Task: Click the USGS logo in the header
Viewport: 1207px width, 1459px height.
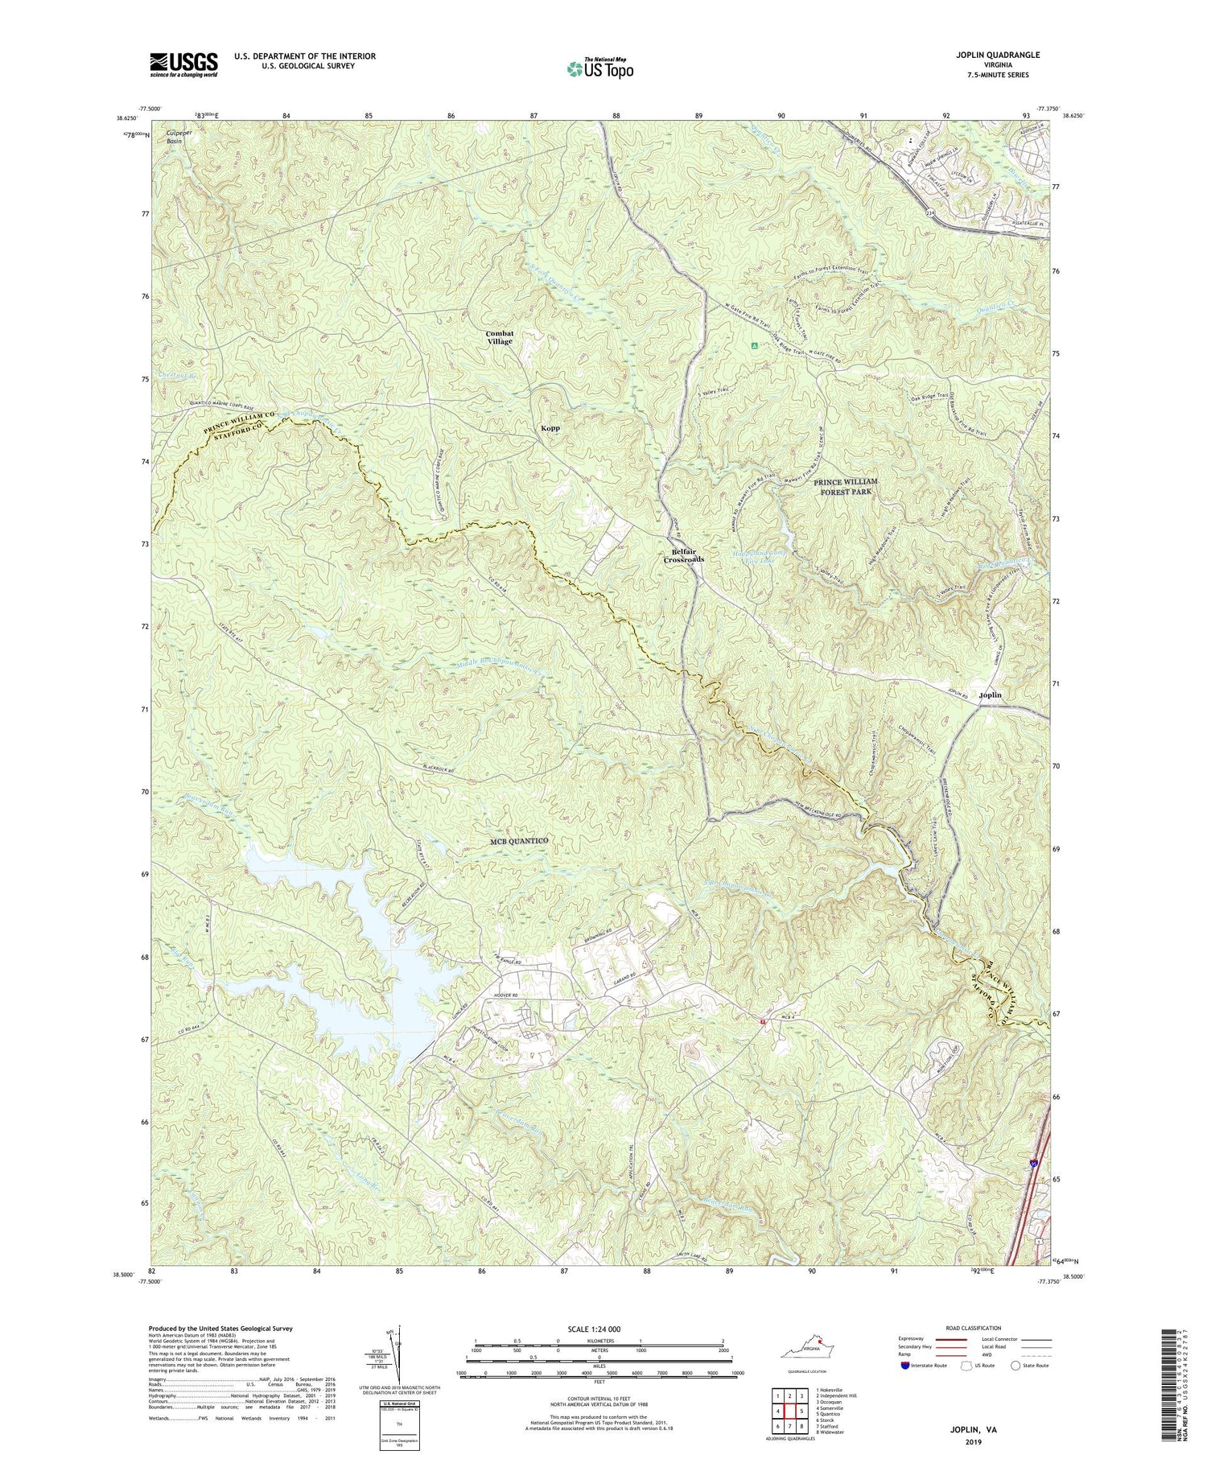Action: [x=183, y=64]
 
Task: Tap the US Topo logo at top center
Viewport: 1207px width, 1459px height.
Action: [x=599, y=68]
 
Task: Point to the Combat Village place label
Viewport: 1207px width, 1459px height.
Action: [x=499, y=337]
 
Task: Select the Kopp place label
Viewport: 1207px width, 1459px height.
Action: [x=550, y=429]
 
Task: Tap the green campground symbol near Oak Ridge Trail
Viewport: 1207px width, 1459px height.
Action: [x=754, y=346]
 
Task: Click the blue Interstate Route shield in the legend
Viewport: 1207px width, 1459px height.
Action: [x=906, y=1365]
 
